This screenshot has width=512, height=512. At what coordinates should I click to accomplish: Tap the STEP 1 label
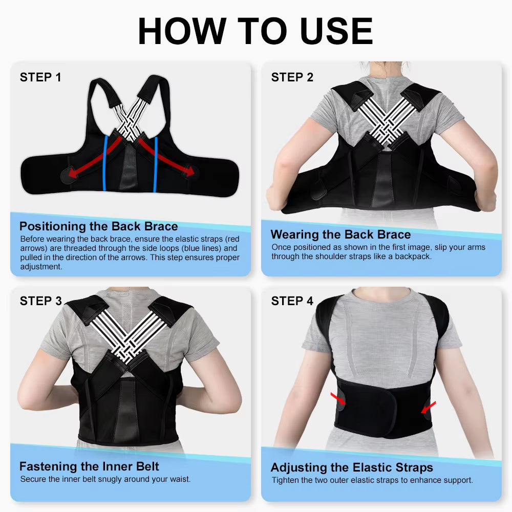pyautogui.click(x=40, y=77)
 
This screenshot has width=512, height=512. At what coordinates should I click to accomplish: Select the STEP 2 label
pyautogui.click(x=292, y=77)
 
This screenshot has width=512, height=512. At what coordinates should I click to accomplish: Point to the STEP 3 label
pyautogui.click(x=40, y=301)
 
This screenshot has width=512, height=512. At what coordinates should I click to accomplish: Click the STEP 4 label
pyautogui.click(x=292, y=301)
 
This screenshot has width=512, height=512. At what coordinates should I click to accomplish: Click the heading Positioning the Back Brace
pyautogui.click(x=98, y=226)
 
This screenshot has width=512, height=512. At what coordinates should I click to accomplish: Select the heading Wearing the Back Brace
pyautogui.click(x=340, y=234)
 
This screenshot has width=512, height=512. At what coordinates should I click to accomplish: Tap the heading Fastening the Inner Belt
pyautogui.click(x=89, y=466)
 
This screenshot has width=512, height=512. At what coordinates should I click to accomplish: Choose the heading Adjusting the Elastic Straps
pyautogui.click(x=352, y=467)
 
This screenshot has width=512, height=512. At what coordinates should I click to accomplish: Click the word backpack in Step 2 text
pyautogui.click(x=412, y=256)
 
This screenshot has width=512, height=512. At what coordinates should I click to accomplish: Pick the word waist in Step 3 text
pyautogui.click(x=179, y=479)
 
